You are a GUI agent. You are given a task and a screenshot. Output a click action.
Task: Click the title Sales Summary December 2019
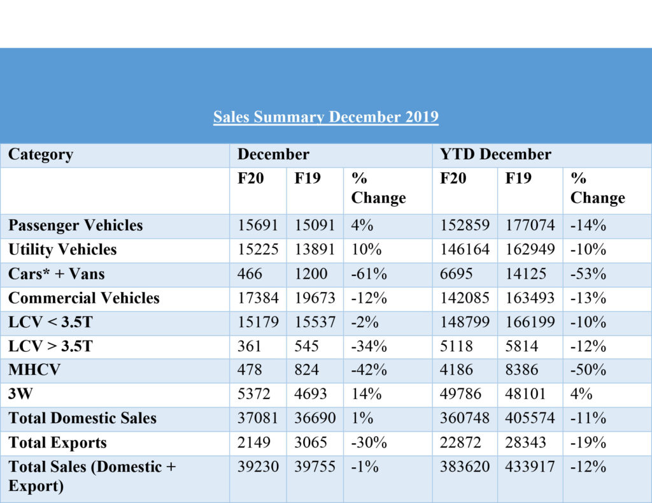325,117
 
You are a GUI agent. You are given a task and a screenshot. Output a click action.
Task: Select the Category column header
41,155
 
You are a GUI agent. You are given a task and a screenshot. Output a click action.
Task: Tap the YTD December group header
495,154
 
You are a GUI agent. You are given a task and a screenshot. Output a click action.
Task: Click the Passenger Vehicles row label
76,225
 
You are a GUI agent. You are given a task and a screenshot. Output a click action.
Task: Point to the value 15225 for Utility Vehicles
258,249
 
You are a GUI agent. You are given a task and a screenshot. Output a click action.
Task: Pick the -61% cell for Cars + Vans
369,273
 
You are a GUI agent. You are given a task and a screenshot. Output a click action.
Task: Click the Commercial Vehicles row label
84,298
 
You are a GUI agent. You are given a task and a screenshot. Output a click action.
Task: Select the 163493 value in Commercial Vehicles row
530,298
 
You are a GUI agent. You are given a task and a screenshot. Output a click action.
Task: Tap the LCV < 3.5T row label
50,322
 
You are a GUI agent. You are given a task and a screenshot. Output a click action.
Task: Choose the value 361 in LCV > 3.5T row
249,346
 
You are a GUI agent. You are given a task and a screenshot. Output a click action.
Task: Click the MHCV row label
34,370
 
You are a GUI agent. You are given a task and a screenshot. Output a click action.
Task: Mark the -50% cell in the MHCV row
588,370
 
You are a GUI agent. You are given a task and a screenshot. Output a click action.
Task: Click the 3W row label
20,393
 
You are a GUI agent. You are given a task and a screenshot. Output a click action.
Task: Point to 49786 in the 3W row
460,393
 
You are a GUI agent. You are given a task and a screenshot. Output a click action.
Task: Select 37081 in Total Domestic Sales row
258,418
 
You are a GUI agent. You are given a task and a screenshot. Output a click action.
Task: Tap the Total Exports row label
57,442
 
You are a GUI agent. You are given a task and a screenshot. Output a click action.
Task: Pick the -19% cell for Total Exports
588,442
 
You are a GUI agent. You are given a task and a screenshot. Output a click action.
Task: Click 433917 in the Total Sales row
530,467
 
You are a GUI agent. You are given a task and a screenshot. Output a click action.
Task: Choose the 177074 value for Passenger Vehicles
530,225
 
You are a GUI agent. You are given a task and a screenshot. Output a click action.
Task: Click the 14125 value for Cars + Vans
525,273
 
